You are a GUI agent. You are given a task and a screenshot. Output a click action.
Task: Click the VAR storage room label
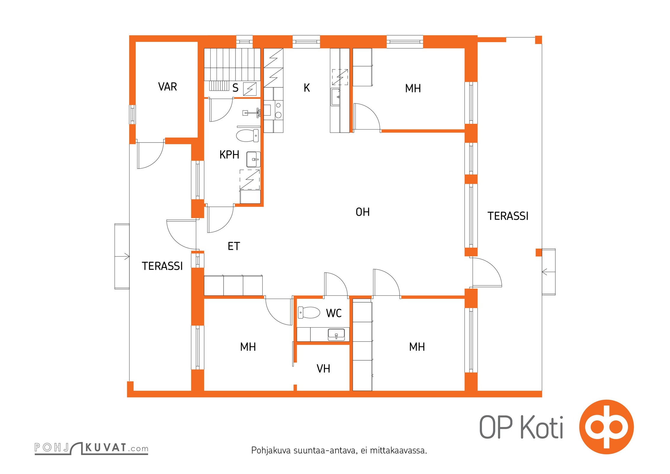pos(167,87)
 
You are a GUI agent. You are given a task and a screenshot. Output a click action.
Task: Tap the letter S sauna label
pos(235,88)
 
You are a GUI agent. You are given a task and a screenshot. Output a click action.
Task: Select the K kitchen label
pos(307,88)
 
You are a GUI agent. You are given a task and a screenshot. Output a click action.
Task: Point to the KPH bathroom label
pos(229,155)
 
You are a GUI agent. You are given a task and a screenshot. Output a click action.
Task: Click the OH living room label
pos(363,212)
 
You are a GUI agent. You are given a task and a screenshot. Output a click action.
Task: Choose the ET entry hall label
pos(234,246)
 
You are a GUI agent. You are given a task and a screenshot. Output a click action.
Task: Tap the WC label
pos(334,313)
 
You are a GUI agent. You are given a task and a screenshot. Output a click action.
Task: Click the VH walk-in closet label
pos(323,369)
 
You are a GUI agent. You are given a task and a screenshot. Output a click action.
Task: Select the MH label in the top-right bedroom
pos(413,88)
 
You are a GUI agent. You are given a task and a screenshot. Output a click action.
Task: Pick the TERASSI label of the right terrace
pos(508,216)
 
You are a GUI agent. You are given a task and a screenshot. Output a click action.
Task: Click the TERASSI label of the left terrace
pos(162,266)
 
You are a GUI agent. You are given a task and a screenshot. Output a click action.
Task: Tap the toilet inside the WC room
pos(309,313)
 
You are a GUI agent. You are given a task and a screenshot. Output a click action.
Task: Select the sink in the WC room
pos(336,334)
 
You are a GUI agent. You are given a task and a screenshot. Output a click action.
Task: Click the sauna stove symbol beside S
pos(250,89)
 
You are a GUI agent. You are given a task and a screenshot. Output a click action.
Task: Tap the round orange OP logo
pos(606,427)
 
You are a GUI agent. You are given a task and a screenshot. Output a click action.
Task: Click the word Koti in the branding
pos(542,427)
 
